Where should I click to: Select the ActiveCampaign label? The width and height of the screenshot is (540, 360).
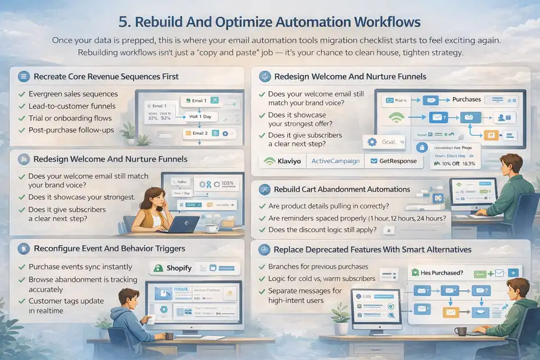click(x=335, y=161)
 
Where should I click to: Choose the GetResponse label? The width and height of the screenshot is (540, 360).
click(x=395, y=161)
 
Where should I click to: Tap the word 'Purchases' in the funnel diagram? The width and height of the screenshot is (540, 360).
click(x=466, y=99)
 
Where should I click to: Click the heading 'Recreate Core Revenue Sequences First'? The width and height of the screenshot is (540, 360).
click(x=106, y=76)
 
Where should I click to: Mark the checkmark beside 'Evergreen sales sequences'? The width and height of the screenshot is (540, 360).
click(x=21, y=94)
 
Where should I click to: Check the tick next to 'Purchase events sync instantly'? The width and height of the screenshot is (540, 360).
click(x=21, y=267)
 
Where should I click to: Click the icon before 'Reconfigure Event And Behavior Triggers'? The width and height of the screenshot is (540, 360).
click(x=23, y=249)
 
